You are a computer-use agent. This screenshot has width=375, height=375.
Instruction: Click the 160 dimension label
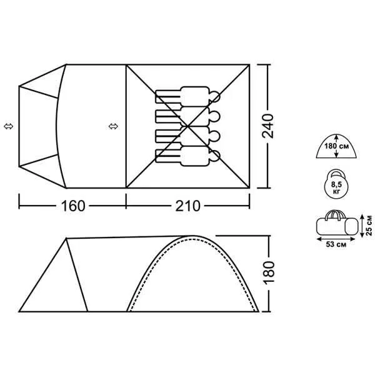73,206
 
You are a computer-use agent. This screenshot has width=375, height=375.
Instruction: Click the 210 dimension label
187,206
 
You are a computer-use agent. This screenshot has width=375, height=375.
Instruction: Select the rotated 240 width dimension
267,126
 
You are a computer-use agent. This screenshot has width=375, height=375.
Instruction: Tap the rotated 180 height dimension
269,272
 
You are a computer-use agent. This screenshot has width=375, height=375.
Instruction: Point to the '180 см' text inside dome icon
336,146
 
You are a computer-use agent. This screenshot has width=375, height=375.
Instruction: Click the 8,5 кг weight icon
336,184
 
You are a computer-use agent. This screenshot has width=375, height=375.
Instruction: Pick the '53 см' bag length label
336,244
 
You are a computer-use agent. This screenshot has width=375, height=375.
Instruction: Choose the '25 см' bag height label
369,225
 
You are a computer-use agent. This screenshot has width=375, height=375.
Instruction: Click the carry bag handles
336,214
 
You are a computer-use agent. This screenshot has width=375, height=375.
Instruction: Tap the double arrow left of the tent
9,126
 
